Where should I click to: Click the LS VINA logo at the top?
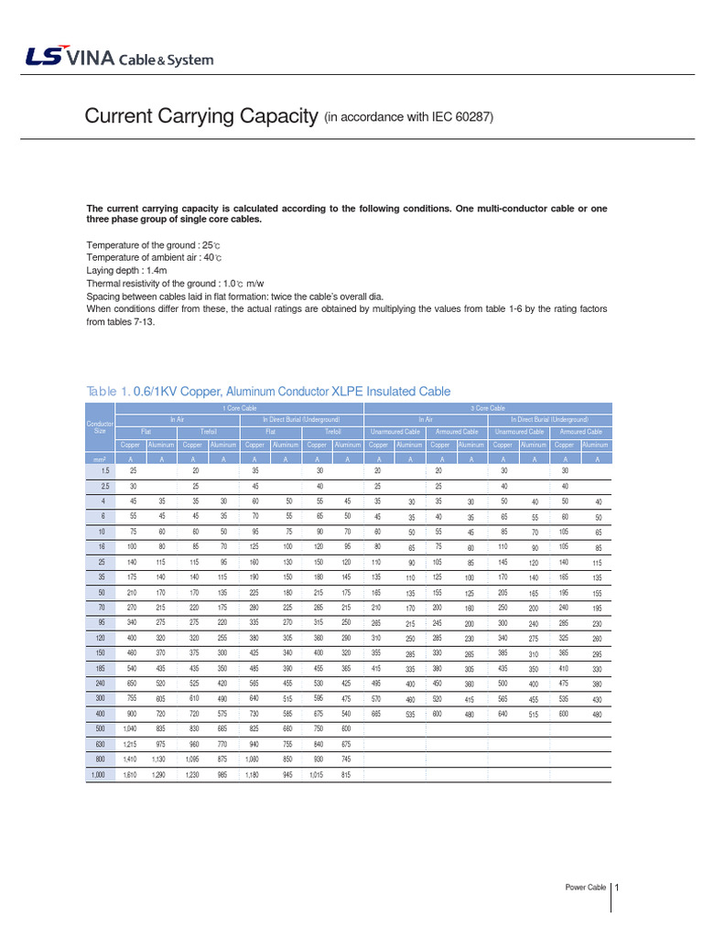(x=119, y=59)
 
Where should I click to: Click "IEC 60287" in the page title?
(x=462, y=117)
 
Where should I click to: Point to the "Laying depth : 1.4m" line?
(x=132, y=271)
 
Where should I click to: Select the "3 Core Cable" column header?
(x=488, y=408)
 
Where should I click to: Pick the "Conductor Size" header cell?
(x=99, y=426)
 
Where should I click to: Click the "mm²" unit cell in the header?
(x=99, y=458)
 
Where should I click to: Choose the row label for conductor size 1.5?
(x=105, y=469)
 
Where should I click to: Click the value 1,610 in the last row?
(x=131, y=775)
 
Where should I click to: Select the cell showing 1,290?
(x=158, y=775)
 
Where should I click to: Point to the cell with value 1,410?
(x=131, y=759)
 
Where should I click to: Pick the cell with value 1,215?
(x=131, y=743)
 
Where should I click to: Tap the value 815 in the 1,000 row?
(x=346, y=775)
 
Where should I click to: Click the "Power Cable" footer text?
(x=585, y=888)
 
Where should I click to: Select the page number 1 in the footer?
(x=618, y=887)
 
